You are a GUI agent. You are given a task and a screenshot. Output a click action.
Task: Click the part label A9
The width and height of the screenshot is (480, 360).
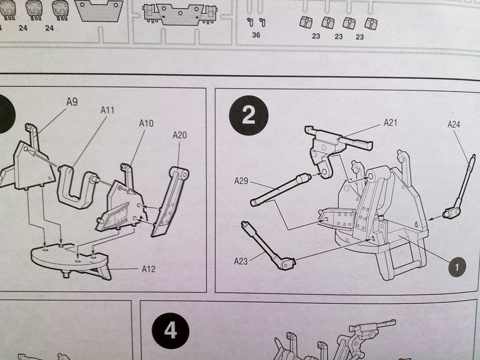(x=72, y=102)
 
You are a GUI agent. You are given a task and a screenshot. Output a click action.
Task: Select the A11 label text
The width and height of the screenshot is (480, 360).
(x=107, y=110)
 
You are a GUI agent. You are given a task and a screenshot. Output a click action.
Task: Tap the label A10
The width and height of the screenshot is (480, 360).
(x=146, y=123)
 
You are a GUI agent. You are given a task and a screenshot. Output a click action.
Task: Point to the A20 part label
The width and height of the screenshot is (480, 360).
(x=179, y=135)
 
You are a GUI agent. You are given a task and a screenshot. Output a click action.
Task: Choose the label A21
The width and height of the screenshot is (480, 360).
(x=390, y=123)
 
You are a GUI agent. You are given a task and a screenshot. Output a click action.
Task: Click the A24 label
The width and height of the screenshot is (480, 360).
(x=454, y=124)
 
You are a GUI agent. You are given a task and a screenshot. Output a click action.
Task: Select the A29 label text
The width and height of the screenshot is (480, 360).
(x=241, y=181)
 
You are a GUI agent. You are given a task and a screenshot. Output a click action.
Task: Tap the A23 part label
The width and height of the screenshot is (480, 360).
(x=241, y=261)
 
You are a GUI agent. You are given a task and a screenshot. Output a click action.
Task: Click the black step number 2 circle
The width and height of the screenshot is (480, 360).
(x=249, y=115)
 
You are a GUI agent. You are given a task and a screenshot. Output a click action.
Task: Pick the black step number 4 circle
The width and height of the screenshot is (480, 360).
(x=170, y=332)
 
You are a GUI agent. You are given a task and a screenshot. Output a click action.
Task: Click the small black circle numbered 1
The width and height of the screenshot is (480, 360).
(x=457, y=267)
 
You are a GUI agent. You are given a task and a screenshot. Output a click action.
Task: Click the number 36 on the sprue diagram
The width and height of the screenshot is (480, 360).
(x=256, y=35)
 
